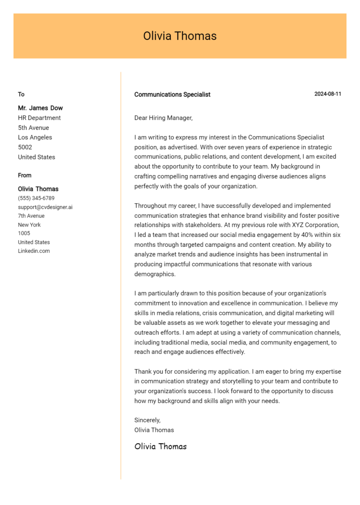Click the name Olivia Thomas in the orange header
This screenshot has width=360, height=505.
[180, 36]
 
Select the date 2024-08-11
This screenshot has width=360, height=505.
[328, 94]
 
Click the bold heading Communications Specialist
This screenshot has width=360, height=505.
[172, 95]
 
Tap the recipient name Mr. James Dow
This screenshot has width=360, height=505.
[40, 108]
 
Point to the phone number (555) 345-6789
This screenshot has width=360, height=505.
[36, 198]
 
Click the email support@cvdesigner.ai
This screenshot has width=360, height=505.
[45, 207]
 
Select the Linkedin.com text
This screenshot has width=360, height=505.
[34, 251]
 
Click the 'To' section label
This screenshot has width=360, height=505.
[21, 95]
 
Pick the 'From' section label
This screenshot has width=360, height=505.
[24, 176]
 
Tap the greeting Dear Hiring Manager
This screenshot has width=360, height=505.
[163, 118]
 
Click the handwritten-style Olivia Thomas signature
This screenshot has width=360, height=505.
[160, 446]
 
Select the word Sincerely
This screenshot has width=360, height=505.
[147, 420]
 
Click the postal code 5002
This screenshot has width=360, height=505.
[25, 147]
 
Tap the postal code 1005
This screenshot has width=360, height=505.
[24, 233]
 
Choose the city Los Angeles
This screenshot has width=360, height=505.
[35, 137]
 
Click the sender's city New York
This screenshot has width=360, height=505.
[29, 225]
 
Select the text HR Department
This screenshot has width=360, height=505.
[39, 118]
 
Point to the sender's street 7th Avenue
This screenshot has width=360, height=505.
[31, 216]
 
